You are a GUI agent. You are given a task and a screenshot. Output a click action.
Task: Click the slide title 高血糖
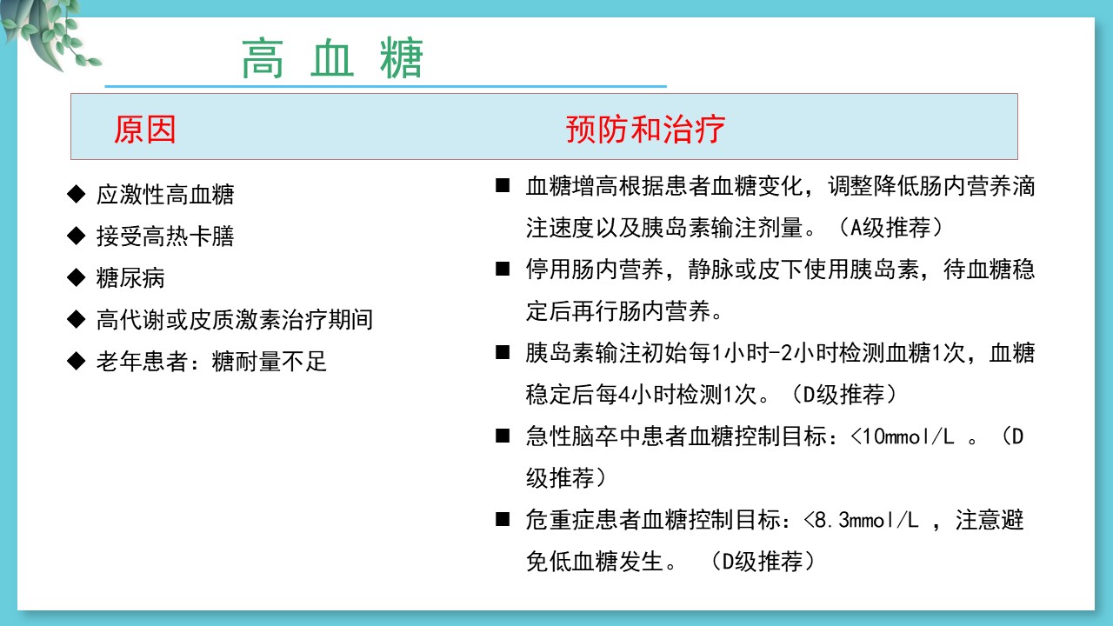pos(332,58)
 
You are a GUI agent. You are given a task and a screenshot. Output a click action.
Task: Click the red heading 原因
pos(144,130)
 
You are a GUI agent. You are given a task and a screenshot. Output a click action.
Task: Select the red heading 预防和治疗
pos(645,130)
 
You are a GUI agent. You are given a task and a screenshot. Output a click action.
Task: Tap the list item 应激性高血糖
pos(165,194)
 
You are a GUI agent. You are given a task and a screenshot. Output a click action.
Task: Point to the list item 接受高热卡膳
pos(165,236)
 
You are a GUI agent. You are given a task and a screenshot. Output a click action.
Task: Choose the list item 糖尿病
pos(130,277)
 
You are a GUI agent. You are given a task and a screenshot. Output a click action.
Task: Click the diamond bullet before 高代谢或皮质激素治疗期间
pos(76,319)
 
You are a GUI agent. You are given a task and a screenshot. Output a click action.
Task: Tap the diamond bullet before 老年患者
pos(76,361)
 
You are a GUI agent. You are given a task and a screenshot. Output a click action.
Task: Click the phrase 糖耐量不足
pos(269,361)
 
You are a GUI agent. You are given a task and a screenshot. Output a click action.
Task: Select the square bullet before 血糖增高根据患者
pos(503,186)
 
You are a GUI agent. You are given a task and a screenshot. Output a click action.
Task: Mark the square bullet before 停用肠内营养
pos(503,270)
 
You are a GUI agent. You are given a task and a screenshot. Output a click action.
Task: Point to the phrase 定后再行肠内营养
pos(617,311)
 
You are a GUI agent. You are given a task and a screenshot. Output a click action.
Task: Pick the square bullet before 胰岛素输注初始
pos(503,353)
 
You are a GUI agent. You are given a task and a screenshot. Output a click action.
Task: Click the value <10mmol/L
pos(902,436)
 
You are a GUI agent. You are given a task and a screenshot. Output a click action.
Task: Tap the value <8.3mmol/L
pos(861,520)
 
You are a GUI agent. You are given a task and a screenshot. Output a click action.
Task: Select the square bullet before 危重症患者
pos(503,520)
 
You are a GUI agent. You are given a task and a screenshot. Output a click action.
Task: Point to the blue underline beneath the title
pos(385,86)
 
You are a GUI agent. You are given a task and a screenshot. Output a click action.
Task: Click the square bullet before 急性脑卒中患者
pos(503,436)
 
